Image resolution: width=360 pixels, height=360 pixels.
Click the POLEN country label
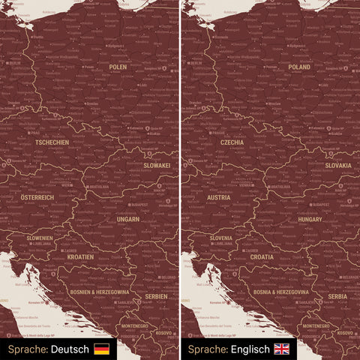118,67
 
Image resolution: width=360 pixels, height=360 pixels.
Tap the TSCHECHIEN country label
52,142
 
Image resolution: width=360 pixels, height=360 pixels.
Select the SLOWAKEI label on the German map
157,165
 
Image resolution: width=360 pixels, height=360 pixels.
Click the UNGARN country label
128,219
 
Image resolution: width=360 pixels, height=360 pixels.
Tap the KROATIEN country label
80,256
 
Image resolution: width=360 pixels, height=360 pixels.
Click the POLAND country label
299,67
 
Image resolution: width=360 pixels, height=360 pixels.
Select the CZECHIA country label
232,142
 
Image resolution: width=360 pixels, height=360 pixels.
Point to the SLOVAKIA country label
338,165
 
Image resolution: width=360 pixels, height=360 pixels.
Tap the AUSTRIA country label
219,197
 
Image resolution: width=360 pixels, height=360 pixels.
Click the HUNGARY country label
310,219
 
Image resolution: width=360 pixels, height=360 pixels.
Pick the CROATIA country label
262,256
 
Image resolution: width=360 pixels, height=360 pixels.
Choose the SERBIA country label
337,297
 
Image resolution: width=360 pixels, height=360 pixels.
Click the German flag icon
101,349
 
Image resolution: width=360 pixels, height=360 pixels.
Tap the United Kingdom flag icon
282,349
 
